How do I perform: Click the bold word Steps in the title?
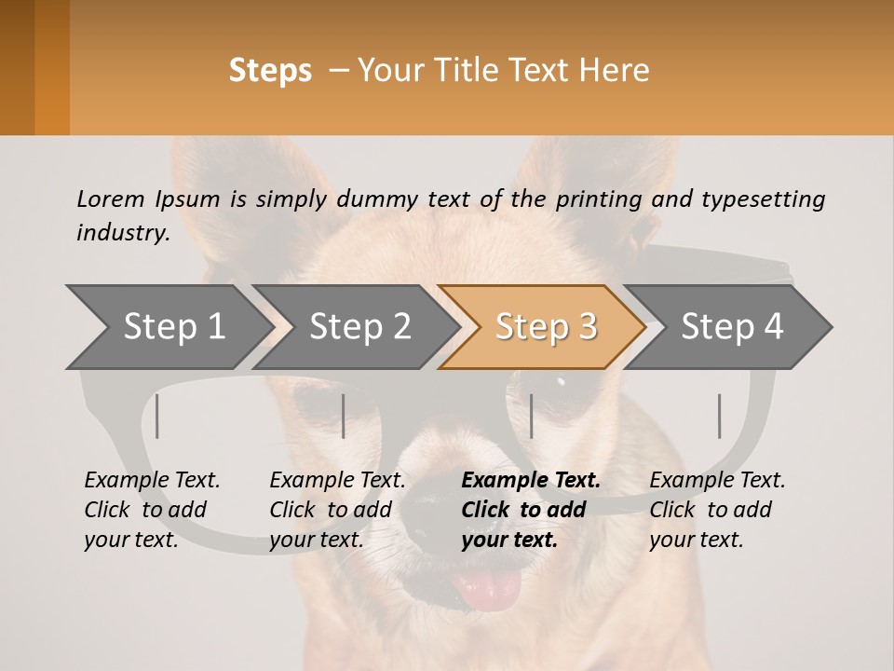[x=270, y=71]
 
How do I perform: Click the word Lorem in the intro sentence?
[x=110, y=199]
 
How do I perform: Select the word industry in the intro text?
[x=122, y=232]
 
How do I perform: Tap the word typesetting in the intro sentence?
[x=763, y=199]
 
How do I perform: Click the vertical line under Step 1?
[x=157, y=416]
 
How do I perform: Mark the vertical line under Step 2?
[x=344, y=416]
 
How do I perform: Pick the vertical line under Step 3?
[x=531, y=416]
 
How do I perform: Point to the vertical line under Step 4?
[x=719, y=416]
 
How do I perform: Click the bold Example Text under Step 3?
[x=531, y=481]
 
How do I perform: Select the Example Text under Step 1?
[x=152, y=481]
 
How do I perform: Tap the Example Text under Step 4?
[x=717, y=481]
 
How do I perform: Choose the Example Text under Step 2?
[x=337, y=481]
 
